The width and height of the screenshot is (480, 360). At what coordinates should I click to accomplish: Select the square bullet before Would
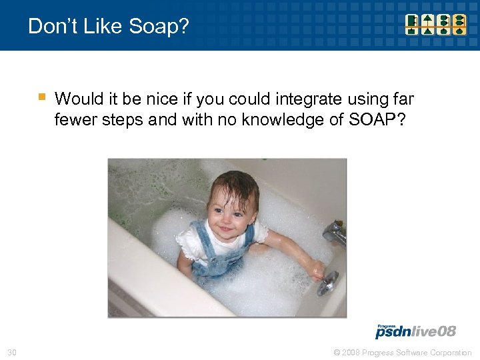pyautogui.click(x=41, y=97)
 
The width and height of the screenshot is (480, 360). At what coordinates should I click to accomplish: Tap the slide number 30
pyautogui.click(x=11, y=352)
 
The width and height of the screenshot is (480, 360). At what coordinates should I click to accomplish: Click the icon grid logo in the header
pyautogui.click(x=437, y=25)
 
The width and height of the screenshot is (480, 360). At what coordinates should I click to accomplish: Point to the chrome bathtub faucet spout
pyautogui.click(x=333, y=233)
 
